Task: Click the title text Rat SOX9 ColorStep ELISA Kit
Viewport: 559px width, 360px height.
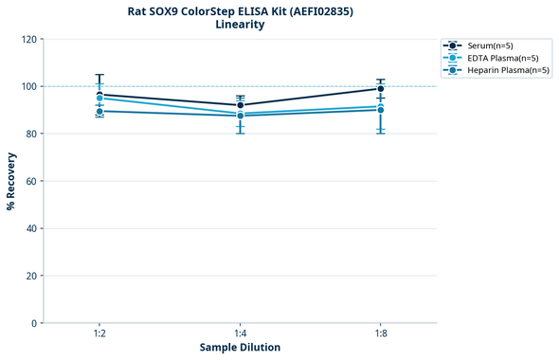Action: point(240,10)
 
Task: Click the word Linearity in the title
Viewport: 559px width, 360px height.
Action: point(240,25)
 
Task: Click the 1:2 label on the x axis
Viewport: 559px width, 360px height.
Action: point(99,333)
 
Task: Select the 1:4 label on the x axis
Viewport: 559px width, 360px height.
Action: point(240,333)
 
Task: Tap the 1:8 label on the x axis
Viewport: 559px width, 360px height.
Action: point(380,333)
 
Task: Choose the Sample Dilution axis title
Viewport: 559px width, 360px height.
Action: point(240,348)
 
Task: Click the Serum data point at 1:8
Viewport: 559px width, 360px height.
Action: point(380,89)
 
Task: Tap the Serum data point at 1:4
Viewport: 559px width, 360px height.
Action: point(240,105)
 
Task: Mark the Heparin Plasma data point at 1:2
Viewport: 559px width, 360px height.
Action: point(99,111)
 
